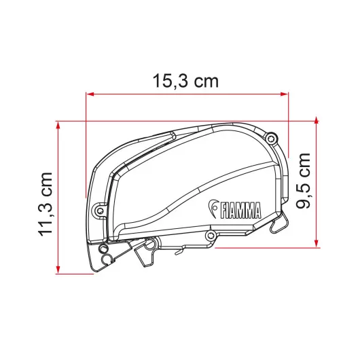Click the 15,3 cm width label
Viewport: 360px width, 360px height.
point(185,81)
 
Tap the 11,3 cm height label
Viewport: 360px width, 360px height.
point(46,203)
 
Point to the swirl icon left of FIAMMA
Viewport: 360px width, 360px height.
point(213,209)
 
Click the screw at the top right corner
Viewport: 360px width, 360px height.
point(272,139)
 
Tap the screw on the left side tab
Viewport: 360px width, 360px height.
point(100,211)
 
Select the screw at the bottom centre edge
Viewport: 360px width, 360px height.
point(211,235)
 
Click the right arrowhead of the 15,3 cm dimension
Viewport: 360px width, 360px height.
point(285,95)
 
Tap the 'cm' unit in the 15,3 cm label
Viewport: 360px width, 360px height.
point(206,82)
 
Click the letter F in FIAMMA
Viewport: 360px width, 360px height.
point(222,211)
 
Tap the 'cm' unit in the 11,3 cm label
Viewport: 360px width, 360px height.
point(46,184)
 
